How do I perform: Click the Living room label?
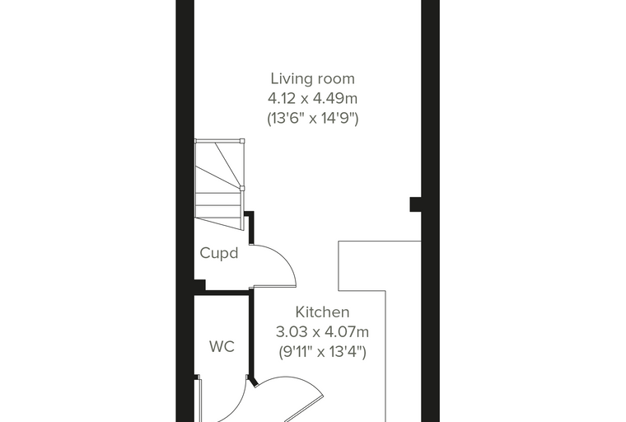click(313, 79)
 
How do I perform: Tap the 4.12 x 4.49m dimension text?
click(313, 98)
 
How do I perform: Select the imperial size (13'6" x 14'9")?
click(313, 119)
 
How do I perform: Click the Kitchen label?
click(322, 312)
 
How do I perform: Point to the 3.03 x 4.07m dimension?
click(322, 331)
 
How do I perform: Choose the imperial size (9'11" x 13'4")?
click(322, 352)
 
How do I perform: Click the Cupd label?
click(219, 253)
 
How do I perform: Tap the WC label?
click(222, 346)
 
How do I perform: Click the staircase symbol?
click(219, 184)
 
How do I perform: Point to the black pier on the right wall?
click(416, 204)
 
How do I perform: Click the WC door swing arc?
click(241, 404)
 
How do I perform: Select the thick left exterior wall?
click(185, 211)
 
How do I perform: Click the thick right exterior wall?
click(431, 211)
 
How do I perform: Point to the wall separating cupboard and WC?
click(223, 293)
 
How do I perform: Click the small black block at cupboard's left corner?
click(199, 285)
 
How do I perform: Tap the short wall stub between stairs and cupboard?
click(250, 227)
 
